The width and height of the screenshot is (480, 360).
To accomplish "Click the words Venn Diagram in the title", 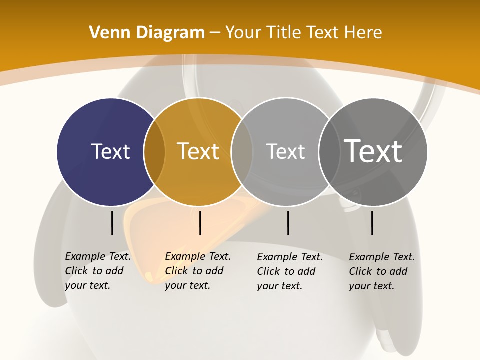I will pos(147,33).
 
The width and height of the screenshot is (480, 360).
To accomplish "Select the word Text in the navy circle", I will pos(110,151).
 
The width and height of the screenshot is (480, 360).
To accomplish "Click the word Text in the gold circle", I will pos(198,151).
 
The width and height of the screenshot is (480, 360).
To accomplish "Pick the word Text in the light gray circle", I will pos(285,151).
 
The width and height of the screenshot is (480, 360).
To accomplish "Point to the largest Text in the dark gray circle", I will pos(373,151).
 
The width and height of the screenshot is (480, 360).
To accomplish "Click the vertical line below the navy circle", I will pos(112,223).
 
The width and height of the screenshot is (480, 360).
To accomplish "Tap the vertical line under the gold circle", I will pos(200,223).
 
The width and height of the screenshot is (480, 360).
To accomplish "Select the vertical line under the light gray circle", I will pos(288,223).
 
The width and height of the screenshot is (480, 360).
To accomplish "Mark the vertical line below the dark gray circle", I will pos(372,223).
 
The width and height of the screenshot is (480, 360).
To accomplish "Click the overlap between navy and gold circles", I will pos(154,152).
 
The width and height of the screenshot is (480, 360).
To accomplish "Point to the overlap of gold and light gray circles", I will pos(242,152).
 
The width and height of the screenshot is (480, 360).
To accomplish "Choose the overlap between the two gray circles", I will pos(328,152).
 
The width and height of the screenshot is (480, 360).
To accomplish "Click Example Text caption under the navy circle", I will pos(98,256).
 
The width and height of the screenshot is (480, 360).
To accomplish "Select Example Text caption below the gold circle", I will pos(198,256).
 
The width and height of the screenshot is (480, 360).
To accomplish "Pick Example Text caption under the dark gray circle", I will pos(382,257).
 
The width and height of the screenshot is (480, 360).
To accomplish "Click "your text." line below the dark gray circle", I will pos(371,286).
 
